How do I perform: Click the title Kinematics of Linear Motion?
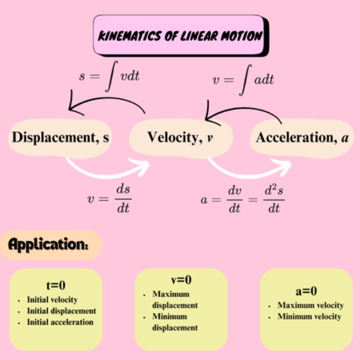(179, 35)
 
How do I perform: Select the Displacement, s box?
(60, 138)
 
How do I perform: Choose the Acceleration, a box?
(297, 138)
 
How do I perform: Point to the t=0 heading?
(55, 286)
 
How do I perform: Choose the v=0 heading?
(181, 280)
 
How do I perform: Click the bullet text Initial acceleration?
(60, 322)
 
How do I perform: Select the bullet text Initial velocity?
(53, 300)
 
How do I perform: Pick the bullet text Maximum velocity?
(310, 305)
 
